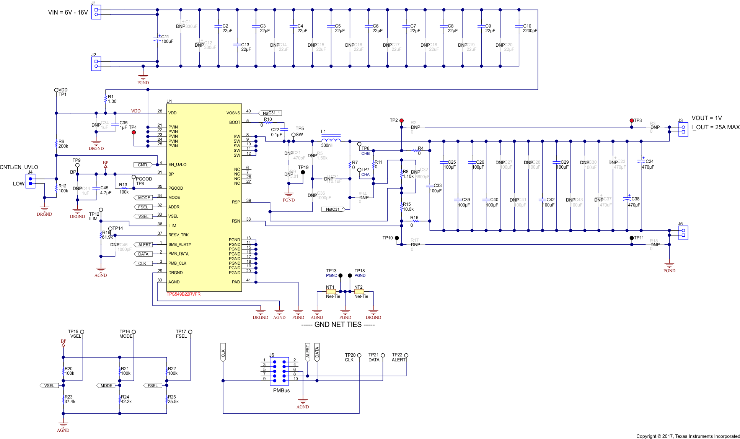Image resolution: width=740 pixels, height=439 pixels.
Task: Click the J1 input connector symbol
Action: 96,12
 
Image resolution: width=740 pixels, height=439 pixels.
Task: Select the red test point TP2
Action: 401,120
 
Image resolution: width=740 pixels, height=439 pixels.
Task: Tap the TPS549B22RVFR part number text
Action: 183,294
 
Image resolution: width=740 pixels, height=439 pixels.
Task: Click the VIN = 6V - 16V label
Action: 68,13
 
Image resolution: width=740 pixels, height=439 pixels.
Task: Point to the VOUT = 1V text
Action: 706,118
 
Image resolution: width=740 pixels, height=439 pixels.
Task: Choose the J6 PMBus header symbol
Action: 279,371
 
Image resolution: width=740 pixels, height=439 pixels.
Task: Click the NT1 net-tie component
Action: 331,291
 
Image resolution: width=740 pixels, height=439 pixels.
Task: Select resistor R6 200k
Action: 57,144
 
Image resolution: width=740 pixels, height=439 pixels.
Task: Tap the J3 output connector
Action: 683,129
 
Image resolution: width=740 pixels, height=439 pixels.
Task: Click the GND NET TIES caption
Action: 338,325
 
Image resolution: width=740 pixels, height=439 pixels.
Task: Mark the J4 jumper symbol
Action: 31,181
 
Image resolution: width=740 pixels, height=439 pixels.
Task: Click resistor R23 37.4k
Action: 64,399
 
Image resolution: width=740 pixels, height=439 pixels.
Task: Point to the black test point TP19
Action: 303,172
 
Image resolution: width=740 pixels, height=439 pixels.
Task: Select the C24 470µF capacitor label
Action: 647,164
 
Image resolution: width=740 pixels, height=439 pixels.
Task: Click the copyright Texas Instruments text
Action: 688,436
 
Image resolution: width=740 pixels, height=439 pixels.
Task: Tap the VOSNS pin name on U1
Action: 233,113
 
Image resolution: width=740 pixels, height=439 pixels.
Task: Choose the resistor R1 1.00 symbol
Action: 106,99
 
